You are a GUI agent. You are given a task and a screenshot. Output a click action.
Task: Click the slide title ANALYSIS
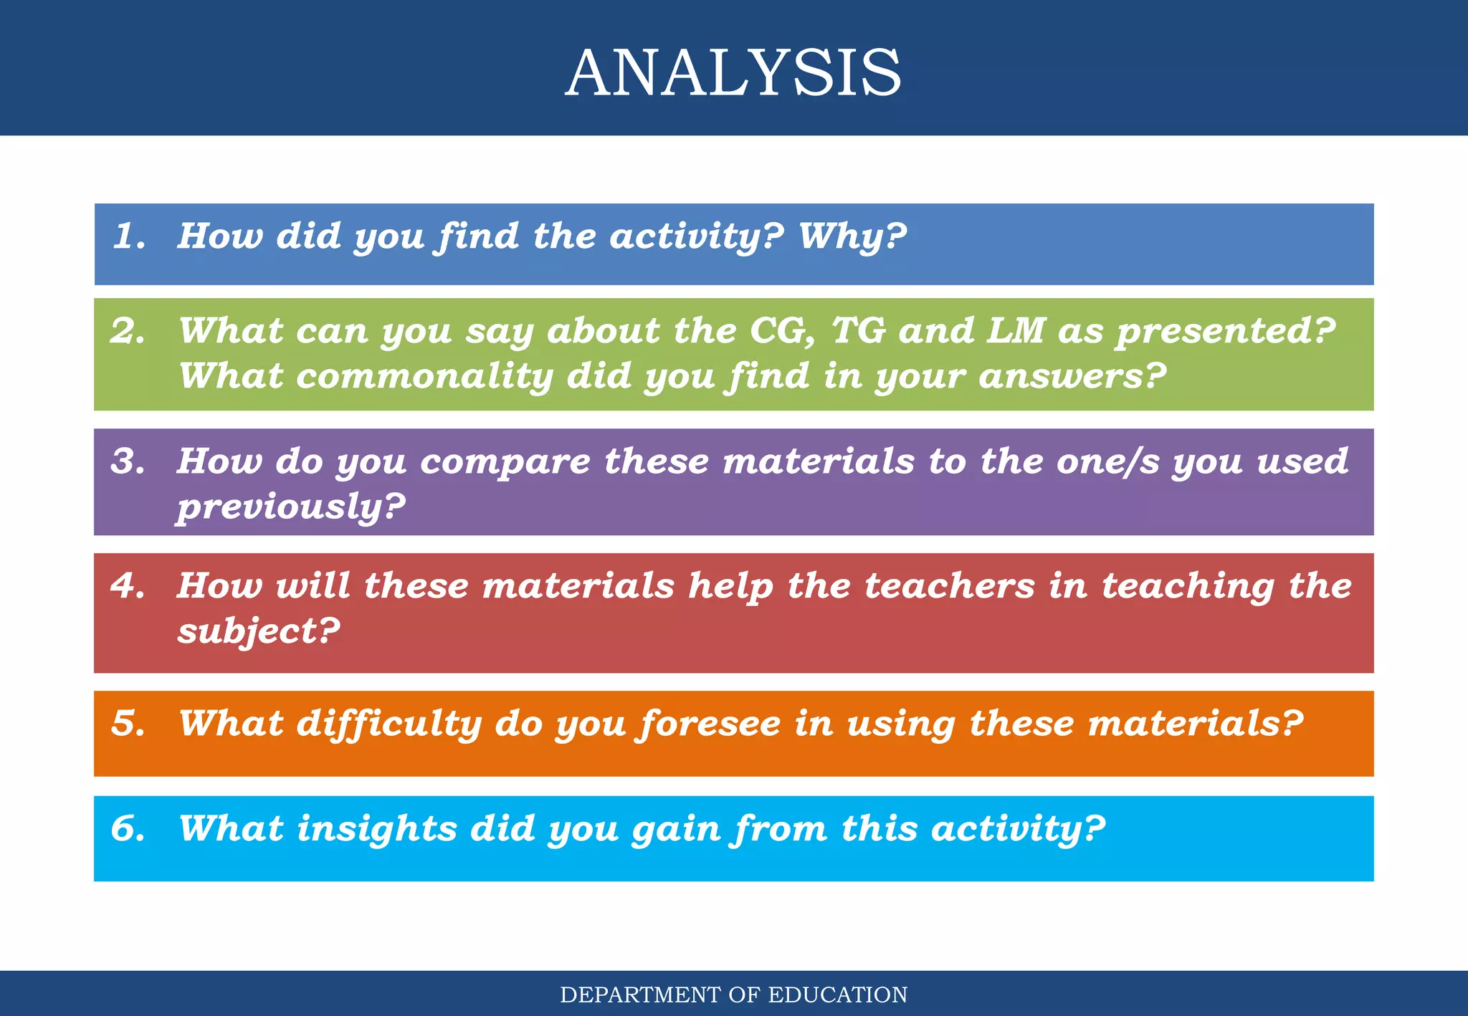click(x=733, y=72)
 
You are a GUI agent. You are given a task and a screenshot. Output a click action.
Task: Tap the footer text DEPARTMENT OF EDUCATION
click(x=733, y=995)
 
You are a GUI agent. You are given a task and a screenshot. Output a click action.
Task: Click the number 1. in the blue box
click(x=130, y=236)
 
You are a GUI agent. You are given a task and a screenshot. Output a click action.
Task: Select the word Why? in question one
click(x=852, y=237)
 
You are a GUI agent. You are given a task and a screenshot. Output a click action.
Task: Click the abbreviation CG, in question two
click(x=782, y=332)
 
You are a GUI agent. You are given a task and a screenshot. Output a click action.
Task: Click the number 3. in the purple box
click(x=128, y=461)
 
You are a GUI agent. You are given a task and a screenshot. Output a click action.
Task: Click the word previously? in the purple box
click(x=291, y=507)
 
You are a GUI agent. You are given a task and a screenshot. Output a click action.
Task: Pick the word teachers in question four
click(x=949, y=585)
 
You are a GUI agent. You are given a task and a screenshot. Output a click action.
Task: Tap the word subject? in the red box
click(x=259, y=632)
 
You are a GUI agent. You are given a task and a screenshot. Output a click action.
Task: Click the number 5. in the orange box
click(x=128, y=723)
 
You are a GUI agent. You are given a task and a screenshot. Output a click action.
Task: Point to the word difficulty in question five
click(x=389, y=724)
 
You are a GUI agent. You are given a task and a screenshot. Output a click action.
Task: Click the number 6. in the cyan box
click(x=128, y=828)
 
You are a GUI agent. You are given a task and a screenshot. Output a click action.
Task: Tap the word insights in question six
click(x=377, y=829)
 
